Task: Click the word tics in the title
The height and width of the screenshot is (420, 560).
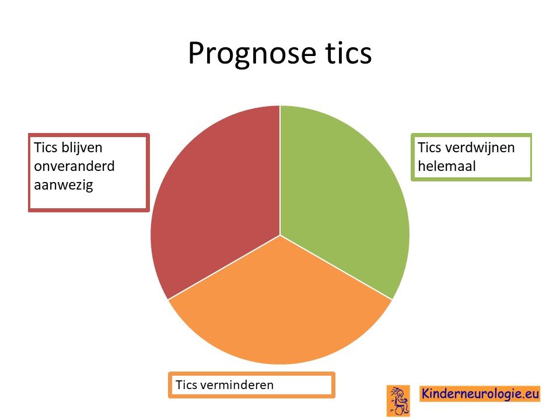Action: pyautogui.click(x=349, y=53)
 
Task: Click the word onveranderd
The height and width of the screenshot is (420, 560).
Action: pyautogui.click(x=74, y=166)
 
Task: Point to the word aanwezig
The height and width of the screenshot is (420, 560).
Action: pyautogui.click(x=64, y=185)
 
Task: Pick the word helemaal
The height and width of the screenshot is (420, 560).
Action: pyautogui.click(x=447, y=166)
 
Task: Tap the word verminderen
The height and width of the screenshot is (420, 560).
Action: pyautogui.click(x=236, y=385)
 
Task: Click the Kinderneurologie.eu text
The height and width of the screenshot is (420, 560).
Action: pyautogui.click(x=480, y=394)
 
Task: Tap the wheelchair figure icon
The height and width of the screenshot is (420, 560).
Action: pyautogui.click(x=398, y=401)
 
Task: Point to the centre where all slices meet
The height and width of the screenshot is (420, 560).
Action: pyautogui.click(x=280, y=235)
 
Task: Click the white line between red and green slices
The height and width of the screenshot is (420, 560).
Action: pyautogui.click(x=280, y=170)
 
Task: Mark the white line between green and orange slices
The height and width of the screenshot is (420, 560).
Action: pyautogui.click(x=336, y=268)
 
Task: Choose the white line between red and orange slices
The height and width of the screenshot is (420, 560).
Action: pyautogui.click(x=224, y=268)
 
